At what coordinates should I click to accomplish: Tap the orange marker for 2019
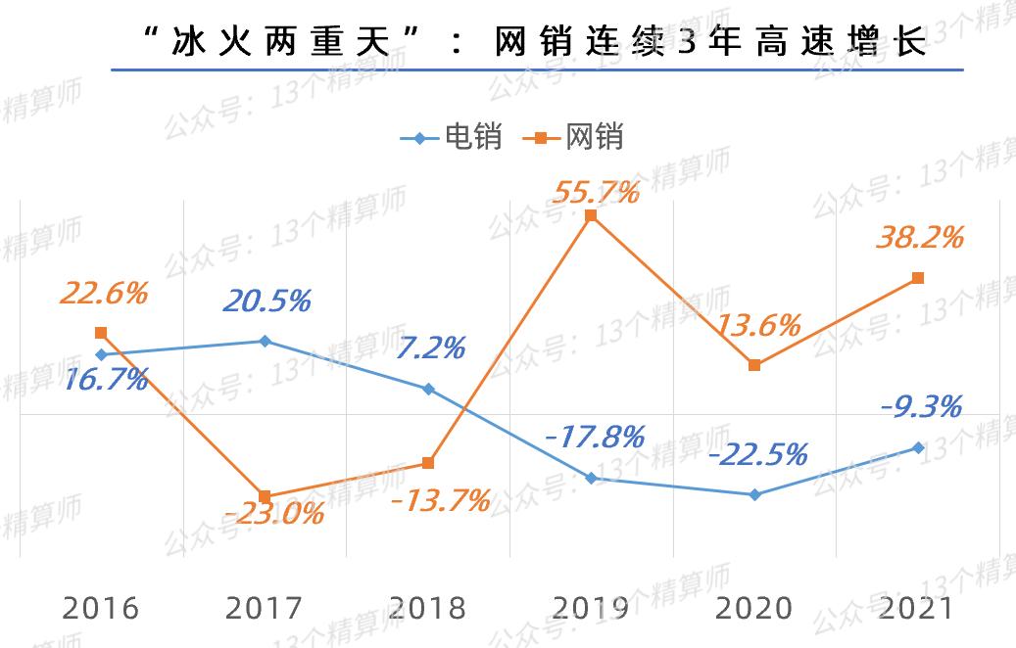tap(591, 216)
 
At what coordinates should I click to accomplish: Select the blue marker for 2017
tap(264, 341)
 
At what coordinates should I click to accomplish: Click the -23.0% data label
tap(272, 512)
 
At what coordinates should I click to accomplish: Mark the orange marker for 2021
tap(918, 278)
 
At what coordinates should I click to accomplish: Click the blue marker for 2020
tap(754, 494)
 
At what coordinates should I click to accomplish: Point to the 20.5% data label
tap(266, 301)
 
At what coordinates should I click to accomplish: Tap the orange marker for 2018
tap(427, 463)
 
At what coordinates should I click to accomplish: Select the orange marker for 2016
tap(101, 333)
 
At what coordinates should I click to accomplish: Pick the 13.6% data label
tap(758, 325)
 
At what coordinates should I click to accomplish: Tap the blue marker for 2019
tap(591, 478)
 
